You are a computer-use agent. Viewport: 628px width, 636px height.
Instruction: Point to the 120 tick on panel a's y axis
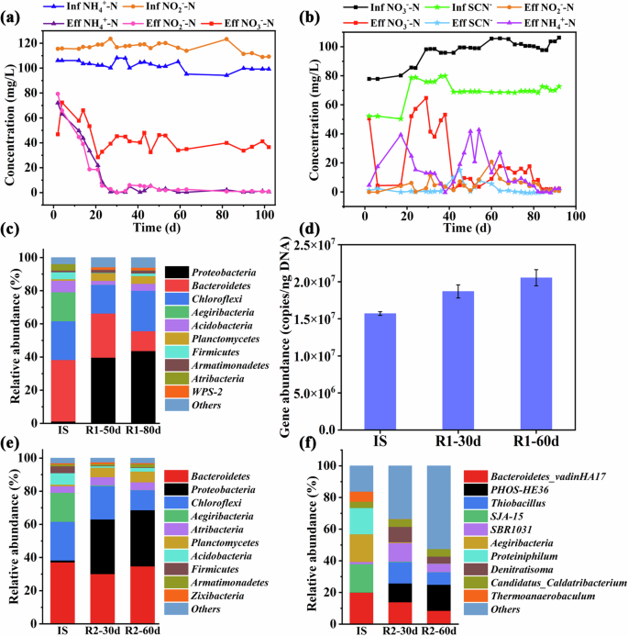pos(36,42)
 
